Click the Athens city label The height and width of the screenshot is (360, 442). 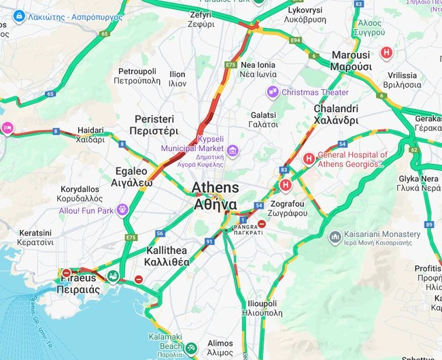click(216, 195)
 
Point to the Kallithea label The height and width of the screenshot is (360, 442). click(167, 256)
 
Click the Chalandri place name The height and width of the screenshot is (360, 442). click(336, 114)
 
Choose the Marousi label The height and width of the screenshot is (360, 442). click(351, 61)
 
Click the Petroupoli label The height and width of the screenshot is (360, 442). click(137, 76)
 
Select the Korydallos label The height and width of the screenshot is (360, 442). click(80, 193)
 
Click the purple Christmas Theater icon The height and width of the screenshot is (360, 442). click(273, 92)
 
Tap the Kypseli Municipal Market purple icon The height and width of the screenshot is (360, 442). click(233, 150)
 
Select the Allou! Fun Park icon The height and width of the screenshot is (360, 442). click(122, 210)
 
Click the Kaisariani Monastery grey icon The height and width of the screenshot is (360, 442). click(334, 237)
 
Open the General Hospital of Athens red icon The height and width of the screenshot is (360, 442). click(309, 159)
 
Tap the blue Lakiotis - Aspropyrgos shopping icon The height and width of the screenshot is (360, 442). click(19, 15)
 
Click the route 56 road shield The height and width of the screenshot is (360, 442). click(159, 233)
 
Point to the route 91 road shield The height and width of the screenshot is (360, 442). click(209, 241)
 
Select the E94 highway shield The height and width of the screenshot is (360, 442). click(295, 41)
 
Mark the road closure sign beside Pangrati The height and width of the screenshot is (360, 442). click(261, 224)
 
